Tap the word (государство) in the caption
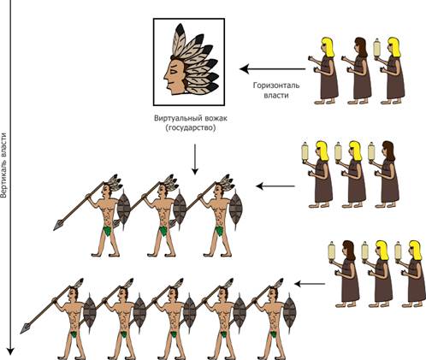click(x=191, y=128)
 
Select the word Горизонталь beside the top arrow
click(x=276, y=86)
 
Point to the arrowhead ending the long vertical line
click(x=10, y=351)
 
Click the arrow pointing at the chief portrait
click(x=272, y=69)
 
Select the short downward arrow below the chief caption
click(x=195, y=159)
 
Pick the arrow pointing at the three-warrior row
click(x=275, y=186)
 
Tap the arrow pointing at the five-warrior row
click(x=310, y=284)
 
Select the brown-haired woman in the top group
click(x=357, y=71)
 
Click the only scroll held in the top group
click(x=377, y=49)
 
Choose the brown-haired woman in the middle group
click(x=384, y=174)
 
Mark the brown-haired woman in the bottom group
click(x=345, y=274)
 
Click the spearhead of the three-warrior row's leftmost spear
click(x=58, y=225)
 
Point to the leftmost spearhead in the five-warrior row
click(x=25, y=328)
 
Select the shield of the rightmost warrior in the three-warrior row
click(x=236, y=209)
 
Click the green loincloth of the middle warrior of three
click(x=163, y=231)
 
